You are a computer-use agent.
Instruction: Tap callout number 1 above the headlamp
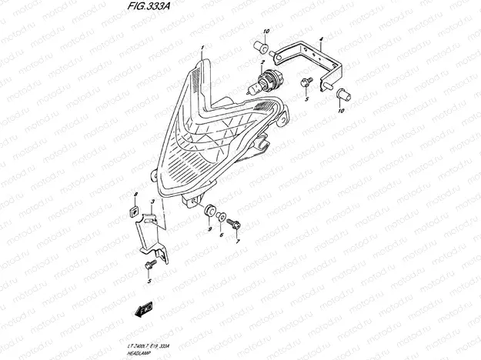point(202,48)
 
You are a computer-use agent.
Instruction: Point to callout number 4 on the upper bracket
point(321,38)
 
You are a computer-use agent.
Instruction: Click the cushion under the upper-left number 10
point(261,45)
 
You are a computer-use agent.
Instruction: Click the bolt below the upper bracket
point(306,80)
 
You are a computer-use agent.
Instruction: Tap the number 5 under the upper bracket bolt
point(306,100)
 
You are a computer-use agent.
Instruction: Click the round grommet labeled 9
point(209,210)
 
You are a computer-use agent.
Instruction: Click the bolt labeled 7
point(235,223)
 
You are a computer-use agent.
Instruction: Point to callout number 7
point(237,241)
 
